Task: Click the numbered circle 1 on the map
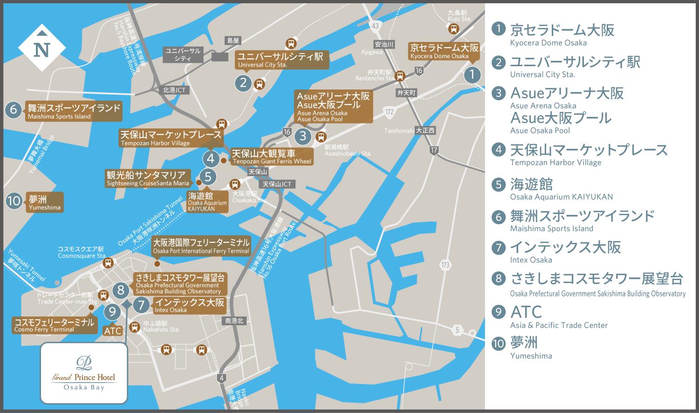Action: (472, 74)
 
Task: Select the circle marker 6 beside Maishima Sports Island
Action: (14, 110)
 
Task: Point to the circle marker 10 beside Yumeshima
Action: (14, 201)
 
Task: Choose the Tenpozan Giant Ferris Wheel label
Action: (272, 157)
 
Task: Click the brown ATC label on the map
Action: (113, 330)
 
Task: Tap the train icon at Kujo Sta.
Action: (453, 29)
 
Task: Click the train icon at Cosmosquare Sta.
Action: (108, 262)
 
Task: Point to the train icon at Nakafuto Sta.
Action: (135, 327)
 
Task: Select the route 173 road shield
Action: (445, 265)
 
